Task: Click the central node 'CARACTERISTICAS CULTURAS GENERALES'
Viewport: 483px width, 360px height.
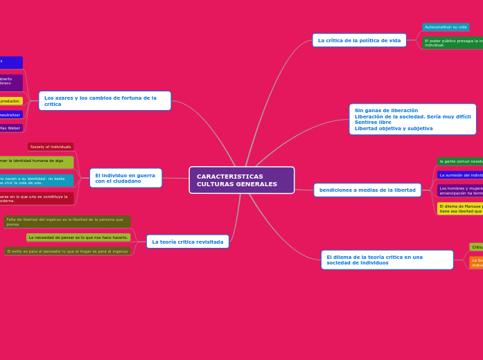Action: [x=241, y=180]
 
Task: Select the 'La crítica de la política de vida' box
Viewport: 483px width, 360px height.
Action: [x=359, y=40]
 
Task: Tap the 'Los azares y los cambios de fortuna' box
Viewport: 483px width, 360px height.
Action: [x=105, y=101]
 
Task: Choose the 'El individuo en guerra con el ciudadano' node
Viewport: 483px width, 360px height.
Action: [x=125, y=178]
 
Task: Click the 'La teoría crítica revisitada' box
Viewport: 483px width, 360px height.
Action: [x=187, y=242]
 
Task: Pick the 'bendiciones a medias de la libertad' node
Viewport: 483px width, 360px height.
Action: [x=367, y=190]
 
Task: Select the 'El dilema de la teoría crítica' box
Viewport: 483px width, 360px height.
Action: [x=387, y=260]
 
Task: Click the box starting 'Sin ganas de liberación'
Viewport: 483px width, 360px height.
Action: [x=412, y=119]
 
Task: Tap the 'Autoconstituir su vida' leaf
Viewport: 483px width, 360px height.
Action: [x=446, y=27]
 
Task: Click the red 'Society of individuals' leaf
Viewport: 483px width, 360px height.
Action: [x=51, y=147]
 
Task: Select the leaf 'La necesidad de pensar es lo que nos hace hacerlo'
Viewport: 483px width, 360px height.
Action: [x=78, y=237]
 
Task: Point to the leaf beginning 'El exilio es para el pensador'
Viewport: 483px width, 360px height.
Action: [x=67, y=251]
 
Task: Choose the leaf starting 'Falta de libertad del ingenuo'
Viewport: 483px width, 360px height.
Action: [x=67, y=222]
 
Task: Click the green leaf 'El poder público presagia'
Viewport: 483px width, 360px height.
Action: [x=453, y=43]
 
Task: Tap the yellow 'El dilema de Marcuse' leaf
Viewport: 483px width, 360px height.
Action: [x=460, y=208]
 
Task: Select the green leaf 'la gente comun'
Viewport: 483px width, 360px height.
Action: [x=460, y=161]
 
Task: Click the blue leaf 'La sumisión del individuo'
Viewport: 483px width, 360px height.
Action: [x=460, y=175]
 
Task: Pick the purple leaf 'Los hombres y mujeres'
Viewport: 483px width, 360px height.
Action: [x=460, y=190]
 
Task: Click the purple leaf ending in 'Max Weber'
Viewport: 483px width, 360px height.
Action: [x=10, y=128]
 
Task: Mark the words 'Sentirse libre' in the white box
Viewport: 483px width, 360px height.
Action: [x=373, y=123]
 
